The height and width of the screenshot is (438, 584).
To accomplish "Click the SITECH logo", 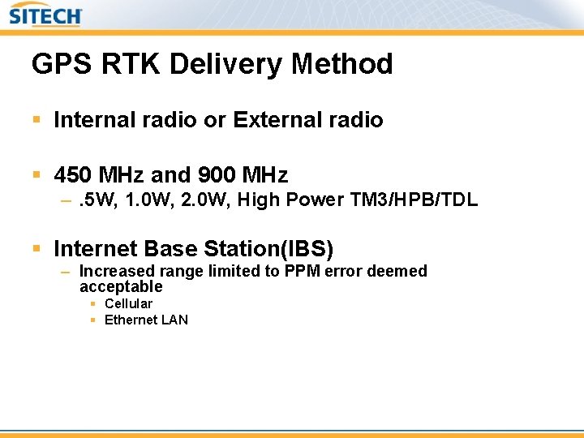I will tap(45, 15).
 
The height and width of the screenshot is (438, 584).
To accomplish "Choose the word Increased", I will tap(114, 271).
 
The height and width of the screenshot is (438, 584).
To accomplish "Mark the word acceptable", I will tap(121, 286).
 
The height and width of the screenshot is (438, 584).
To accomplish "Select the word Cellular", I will tap(128, 303).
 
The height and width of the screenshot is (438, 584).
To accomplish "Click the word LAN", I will tap(174, 320).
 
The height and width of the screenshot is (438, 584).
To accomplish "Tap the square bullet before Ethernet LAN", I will tap(93, 320).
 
